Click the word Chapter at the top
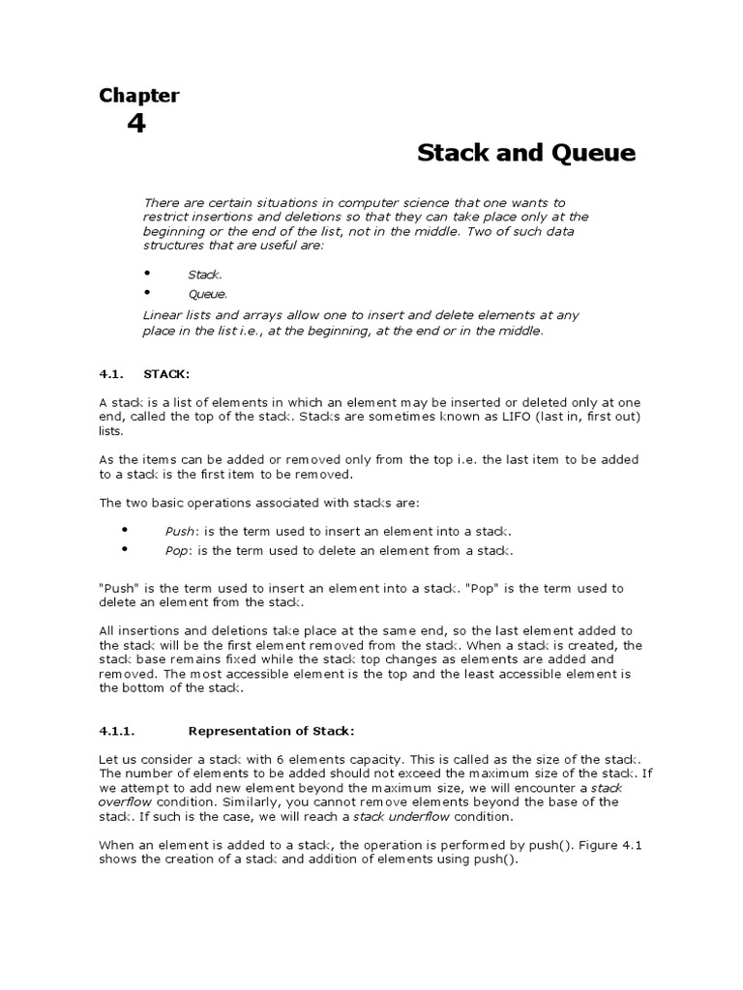click(139, 95)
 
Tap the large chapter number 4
click(136, 124)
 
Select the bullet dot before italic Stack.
click(148, 274)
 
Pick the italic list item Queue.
click(207, 294)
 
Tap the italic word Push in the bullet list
click(180, 532)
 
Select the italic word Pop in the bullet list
click(177, 550)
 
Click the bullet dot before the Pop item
click(125, 549)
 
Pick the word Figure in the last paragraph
click(606, 844)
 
